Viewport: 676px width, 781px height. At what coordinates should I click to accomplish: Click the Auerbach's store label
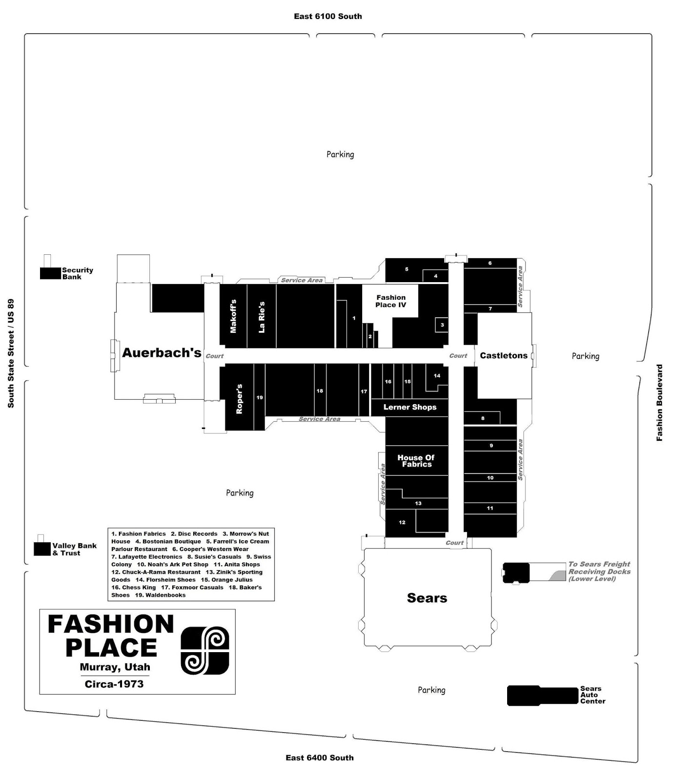[x=162, y=352]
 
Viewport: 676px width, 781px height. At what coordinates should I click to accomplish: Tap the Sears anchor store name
[x=427, y=598]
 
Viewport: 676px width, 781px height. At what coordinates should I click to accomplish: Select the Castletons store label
[x=504, y=355]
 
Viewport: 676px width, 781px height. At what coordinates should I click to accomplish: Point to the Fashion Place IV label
[x=391, y=301]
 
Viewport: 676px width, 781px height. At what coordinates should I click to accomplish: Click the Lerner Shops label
[x=410, y=407]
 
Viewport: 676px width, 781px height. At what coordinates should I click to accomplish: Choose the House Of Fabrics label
[x=416, y=461]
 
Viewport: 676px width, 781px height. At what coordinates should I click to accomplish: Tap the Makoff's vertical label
[x=233, y=316]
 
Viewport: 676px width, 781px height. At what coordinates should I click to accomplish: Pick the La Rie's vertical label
[x=262, y=317]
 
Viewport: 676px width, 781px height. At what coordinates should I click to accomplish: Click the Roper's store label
[x=239, y=399]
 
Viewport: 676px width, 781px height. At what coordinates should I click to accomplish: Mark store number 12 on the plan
[x=402, y=522]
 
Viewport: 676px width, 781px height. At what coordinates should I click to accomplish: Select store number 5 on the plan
[x=407, y=269]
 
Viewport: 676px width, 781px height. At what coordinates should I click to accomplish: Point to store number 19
[x=260, y=397]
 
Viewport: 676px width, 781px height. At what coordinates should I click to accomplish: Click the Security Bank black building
[x=51, y=273]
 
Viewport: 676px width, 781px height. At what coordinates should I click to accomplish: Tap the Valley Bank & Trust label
[x=75, y=549]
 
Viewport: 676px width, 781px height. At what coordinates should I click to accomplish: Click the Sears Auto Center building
[x=542, y=696]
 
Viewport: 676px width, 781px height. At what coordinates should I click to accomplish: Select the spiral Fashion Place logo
[x=205, y=651]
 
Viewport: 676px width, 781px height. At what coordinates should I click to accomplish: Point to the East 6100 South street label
[x=328, y=16]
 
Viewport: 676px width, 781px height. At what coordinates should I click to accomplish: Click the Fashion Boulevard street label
[x=659, y=403]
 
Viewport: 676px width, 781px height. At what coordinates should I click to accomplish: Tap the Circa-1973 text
[x=114, y=684]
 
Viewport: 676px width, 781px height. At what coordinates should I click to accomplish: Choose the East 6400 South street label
[x=320, y=758]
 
